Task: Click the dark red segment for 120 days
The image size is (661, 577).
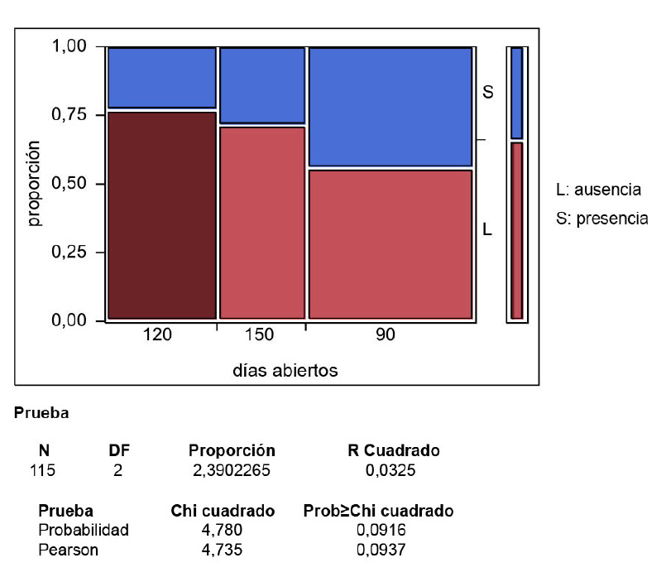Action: click(x=162, y=214)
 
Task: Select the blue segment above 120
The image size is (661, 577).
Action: click(x=162, y=78)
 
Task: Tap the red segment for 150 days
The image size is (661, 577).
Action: click(x=262, y=222)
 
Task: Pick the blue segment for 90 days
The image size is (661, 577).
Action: click(x=390, y=107)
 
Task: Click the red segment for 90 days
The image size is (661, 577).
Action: click(x=390, y=243)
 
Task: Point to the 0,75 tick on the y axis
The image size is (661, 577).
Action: click(x=72, y=115)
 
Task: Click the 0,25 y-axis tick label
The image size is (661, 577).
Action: click(x=72, y=252)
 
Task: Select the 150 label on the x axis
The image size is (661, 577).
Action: click(x=260, y=336)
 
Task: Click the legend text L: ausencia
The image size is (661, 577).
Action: click(x=598, y=190)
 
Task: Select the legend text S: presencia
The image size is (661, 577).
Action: click(x=601, y=219)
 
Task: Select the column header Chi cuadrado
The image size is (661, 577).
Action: click(x=223, y=512)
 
